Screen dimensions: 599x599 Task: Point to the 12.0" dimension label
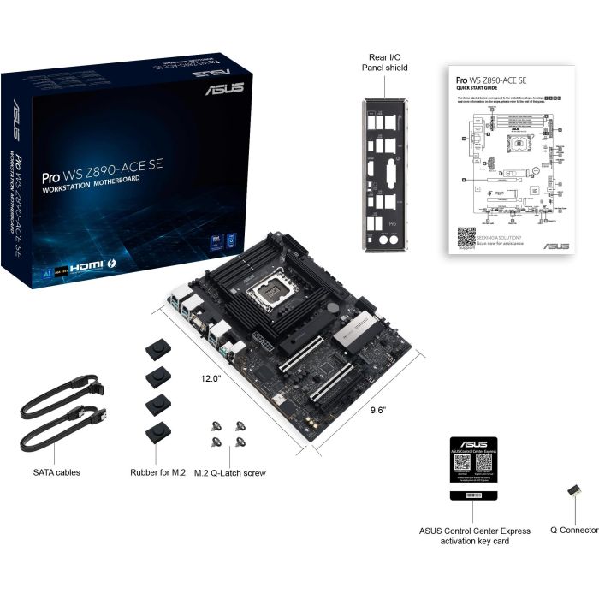pos(211,377)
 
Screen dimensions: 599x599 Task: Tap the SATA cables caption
pos(57,471)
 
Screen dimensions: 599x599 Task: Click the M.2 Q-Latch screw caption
pos(229,471)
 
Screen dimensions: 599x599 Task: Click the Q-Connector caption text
pos(573,531)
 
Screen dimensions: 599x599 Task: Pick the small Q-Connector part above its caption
pos(572,494)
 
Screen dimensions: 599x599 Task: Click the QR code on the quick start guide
pos(466,236)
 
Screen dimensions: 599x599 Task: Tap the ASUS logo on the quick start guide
pos(555,246)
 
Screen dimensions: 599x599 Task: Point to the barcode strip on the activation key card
pos(473,495)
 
